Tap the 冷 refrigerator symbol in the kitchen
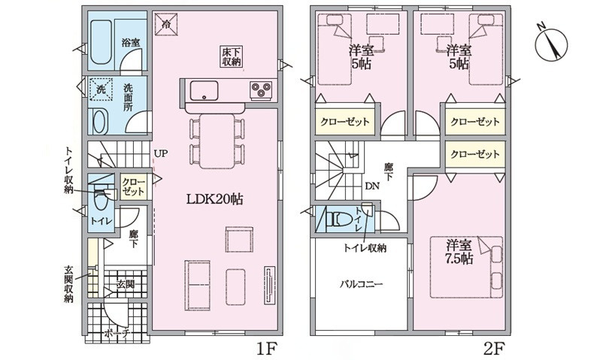(166, 25)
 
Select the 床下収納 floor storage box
(232, 56)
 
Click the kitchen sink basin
(204, 91)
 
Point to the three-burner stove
(261, 91)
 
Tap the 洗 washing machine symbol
(100, 89)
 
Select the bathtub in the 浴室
(101, 43)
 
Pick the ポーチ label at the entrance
(117, 333)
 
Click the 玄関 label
(126, 284)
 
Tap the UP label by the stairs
(161, 153)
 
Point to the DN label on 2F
(372, 186)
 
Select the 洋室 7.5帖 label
(459, 251)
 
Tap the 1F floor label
(266, 349)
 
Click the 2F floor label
(494, 349)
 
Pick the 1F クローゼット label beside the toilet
(133, 186)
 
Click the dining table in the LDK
(217, 141)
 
